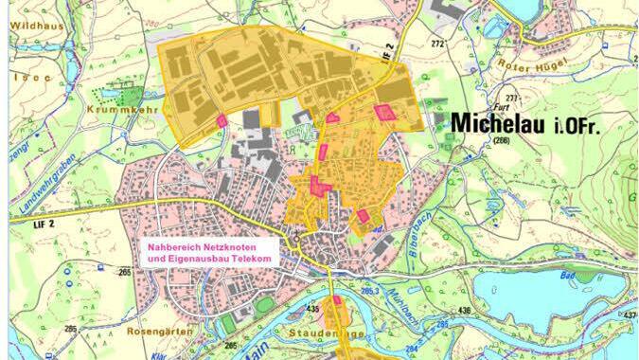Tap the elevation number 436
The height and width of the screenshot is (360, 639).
464,310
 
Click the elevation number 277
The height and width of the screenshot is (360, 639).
513,99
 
